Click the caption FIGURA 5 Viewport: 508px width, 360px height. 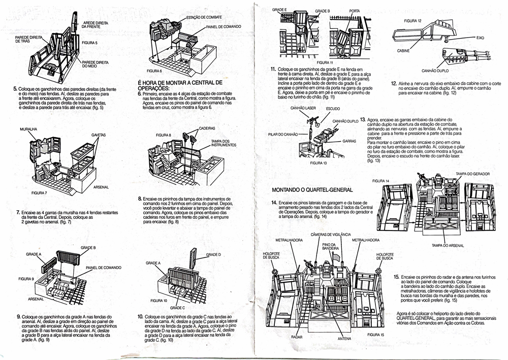point(89,43)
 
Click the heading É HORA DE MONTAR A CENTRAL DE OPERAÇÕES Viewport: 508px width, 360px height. point(180,85)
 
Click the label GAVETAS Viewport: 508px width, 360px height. point(99,135)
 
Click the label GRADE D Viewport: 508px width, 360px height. point(213,254)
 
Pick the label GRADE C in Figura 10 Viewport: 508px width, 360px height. point(177,308)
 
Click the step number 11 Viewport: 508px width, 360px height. point(273,69)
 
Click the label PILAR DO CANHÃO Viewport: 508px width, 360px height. point(282,135)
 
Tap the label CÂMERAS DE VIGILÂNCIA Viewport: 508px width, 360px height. point(330,234)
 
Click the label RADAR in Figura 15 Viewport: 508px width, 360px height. point(297,337)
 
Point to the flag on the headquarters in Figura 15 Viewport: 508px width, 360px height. point(336,259)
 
